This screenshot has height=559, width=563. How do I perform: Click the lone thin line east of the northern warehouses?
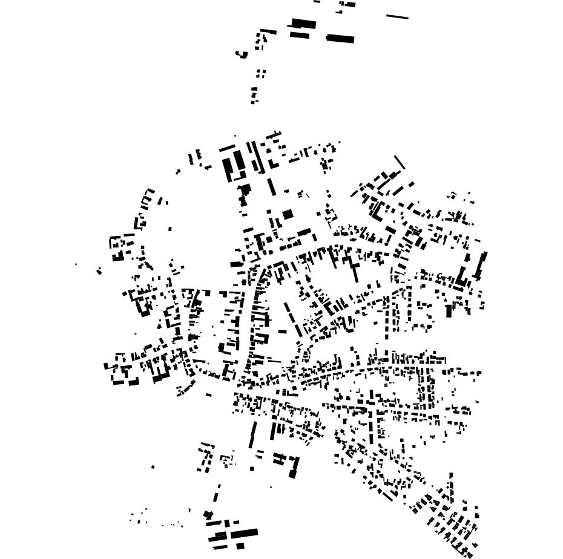[397, 17]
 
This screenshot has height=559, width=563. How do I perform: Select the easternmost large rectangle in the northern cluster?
[340, 39]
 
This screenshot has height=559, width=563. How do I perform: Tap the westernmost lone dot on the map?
[76, 264]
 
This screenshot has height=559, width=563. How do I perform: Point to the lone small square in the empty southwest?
[153, 466]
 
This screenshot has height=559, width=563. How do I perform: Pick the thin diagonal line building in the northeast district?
[400, 162]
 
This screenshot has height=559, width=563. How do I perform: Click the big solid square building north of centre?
[288, 214]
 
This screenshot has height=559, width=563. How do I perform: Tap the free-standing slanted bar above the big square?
[271, 186]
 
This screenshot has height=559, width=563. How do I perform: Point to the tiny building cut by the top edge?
[317, 1]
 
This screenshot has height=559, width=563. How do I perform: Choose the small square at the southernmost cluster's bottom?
[240, 546]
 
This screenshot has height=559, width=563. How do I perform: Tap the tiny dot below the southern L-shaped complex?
[271, 487]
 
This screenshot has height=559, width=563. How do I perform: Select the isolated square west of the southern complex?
[252, 468]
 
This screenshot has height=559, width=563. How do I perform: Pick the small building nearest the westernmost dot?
[99, 270]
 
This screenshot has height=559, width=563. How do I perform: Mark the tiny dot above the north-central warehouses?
[235, 136]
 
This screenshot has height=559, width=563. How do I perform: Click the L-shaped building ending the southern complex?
[294, 467]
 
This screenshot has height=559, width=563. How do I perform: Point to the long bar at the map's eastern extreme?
[482, 265]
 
